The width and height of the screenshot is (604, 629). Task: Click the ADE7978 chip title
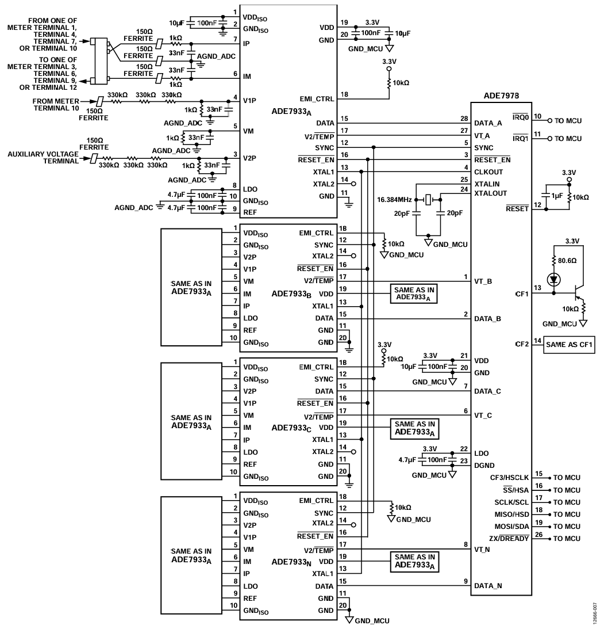click(x=501, y=96)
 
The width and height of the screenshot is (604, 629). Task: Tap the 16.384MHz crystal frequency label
click(x=394, y=199)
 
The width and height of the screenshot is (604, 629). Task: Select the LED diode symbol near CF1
click(x=554, y=280)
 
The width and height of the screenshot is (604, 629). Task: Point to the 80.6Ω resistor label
click(x=567, y=260)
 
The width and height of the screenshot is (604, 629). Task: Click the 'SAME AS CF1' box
click(x=569, y=345)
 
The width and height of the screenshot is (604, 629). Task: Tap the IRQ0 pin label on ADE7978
click(x=521, y=117)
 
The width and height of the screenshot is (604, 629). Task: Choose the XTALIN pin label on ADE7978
click(x=487, y=184)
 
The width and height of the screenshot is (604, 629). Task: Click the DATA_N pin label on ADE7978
click(x=488, y=586)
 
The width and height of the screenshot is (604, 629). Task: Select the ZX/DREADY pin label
click(x=509, y=538)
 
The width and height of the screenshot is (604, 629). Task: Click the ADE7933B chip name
click(x=291, y=293)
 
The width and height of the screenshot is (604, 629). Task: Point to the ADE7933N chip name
click(x=291, y=562)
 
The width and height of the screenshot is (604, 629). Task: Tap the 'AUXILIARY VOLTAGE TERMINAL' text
click(x=43, y=157)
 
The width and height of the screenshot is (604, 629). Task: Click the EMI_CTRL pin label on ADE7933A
click(x=317, y=98)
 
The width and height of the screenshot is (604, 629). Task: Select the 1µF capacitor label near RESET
click(x=557, y=196)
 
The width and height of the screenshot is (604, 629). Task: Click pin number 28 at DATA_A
click(x=464, y=119)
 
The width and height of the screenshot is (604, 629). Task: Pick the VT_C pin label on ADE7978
click(x=483, y=415)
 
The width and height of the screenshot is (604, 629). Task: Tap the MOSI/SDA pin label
click(x=511, y=527)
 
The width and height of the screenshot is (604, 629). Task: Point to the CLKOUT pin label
click(x=488, y=171)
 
